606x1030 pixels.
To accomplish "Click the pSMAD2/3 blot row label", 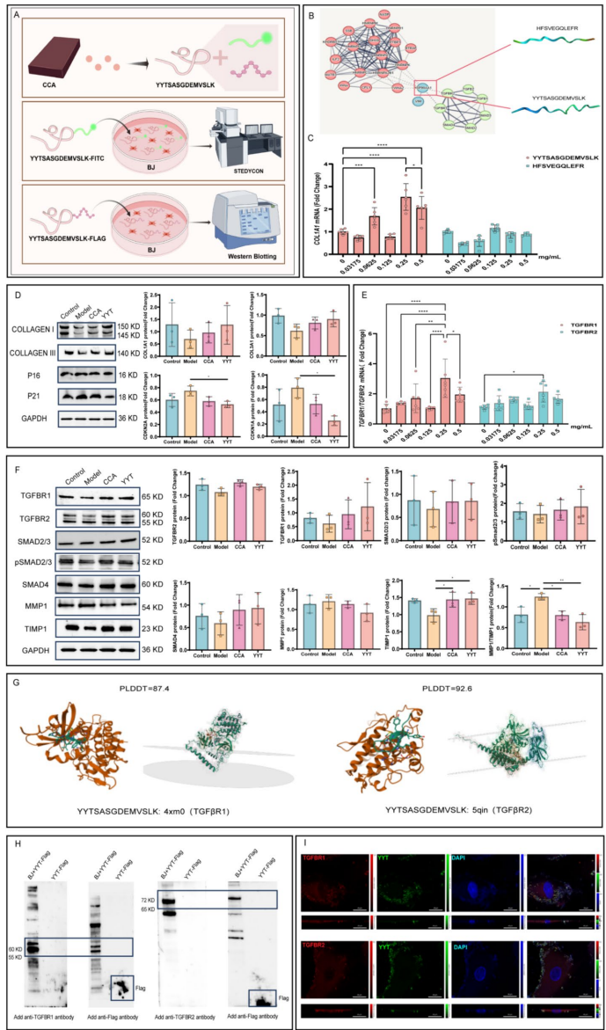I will (x=32, y=560).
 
